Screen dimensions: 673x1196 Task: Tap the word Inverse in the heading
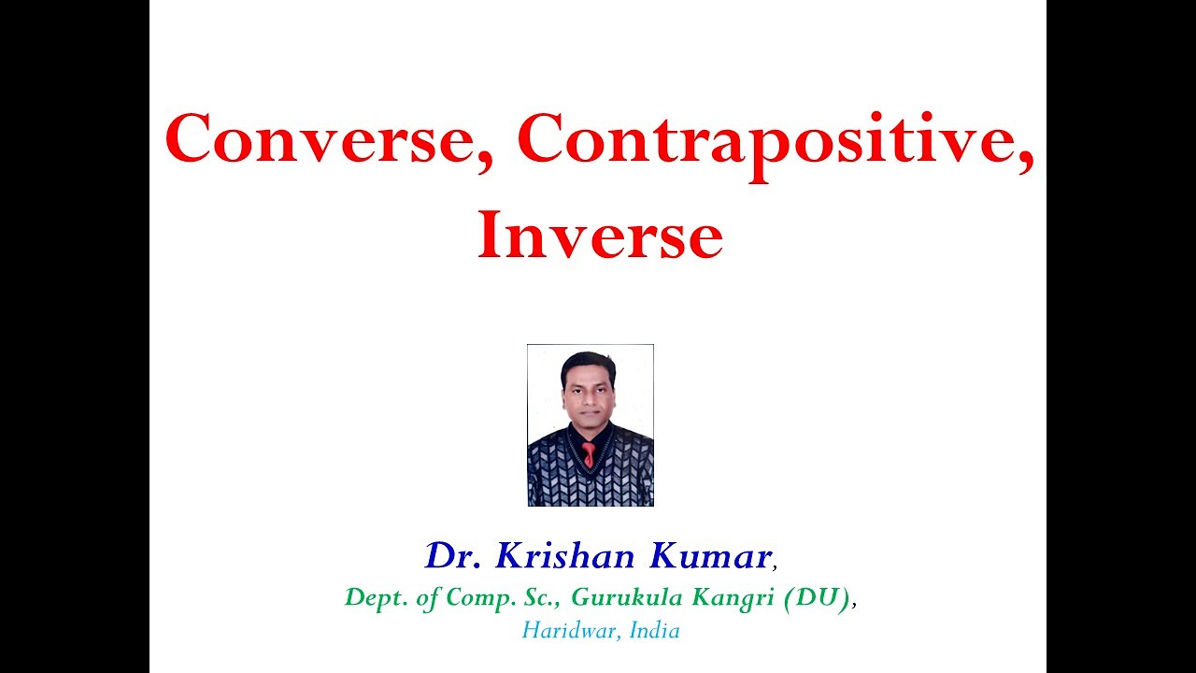click(600, 238)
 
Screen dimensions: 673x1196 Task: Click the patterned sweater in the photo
click(561, 472)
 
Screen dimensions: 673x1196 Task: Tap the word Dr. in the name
click(455, 556)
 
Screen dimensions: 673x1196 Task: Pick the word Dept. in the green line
click(370, 597)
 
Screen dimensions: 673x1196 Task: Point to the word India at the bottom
click(654, 630)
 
